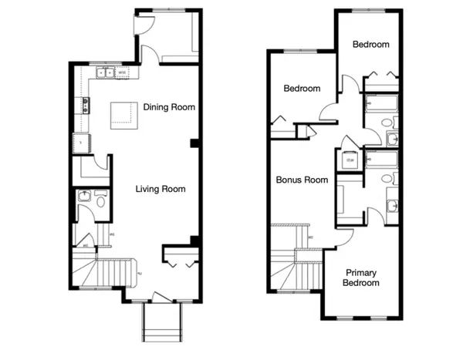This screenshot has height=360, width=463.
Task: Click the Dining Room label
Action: pos(169,107)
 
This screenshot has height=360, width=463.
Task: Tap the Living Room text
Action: pos(161,189)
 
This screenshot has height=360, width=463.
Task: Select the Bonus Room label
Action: pos(302,180)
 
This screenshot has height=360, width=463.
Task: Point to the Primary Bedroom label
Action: pos(362,278)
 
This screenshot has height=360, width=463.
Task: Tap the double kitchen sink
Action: pos(103,74)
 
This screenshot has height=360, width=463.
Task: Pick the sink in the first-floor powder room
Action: pos(83,196)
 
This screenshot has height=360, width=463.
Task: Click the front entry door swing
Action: pos(159,296)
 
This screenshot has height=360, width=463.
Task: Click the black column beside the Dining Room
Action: pos(195,143)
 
